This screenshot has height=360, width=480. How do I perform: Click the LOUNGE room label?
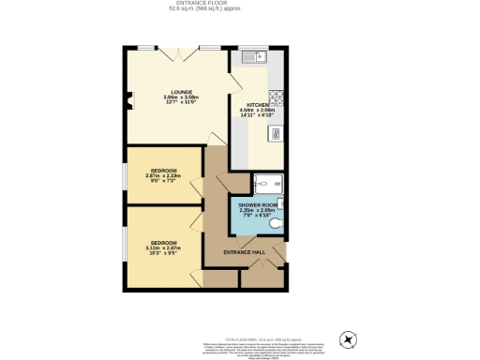coord(170,92)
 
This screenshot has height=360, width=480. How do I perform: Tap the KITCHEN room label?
coord(258,103)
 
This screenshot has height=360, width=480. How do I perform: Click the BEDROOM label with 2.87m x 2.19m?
coord(163,170)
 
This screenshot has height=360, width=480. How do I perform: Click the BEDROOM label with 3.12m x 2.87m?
coord(163,241)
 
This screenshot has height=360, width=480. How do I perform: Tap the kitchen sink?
coord(255,56)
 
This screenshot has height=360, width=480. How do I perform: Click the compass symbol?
coord(348,338)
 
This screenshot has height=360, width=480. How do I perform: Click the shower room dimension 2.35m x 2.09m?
coord(255,213)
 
